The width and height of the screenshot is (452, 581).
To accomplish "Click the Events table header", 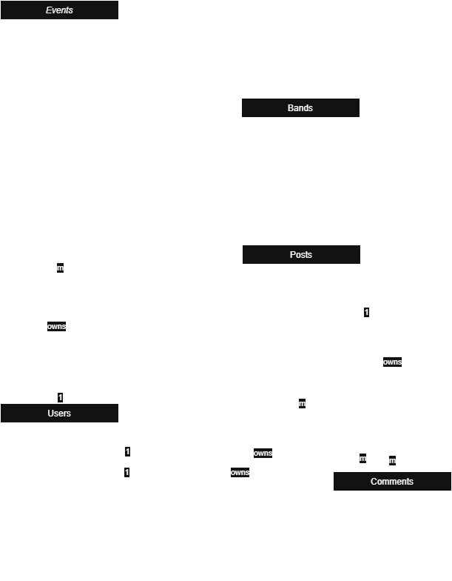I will (x=59, y=10).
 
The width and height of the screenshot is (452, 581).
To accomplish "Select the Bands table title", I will (x=300, y=108).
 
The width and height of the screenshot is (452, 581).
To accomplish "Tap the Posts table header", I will (x=301, y=255).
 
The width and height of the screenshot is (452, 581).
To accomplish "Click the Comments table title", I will (x=392, y=482).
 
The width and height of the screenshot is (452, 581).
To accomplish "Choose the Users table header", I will (x=59, y=414).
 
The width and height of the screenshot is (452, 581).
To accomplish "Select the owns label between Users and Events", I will (x=57, y=326).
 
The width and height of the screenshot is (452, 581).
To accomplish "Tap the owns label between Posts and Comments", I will (x=393, y=362).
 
